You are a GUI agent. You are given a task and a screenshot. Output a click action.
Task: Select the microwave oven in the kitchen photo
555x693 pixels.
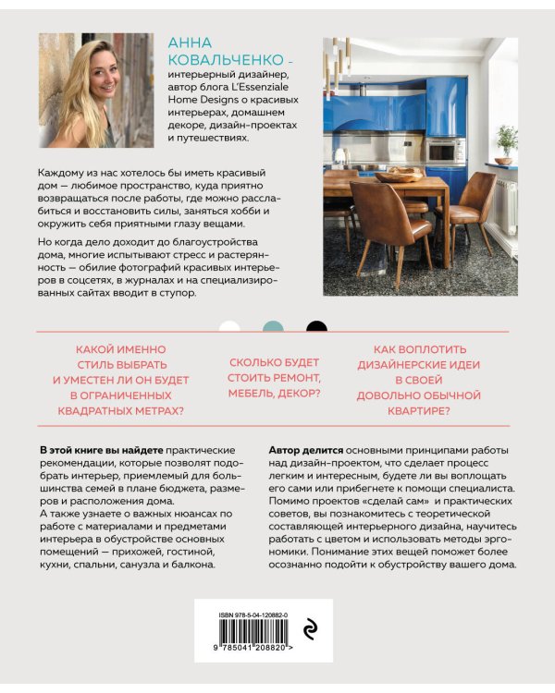444,151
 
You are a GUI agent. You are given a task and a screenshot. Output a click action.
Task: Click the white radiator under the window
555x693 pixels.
505,207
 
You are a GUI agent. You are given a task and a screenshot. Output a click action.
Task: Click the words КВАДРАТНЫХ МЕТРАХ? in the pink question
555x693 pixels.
121,411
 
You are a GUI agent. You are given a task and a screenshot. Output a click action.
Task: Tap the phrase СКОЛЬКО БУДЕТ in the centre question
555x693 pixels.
274,363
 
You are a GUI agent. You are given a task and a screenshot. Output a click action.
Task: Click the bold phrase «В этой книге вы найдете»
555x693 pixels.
101,448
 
